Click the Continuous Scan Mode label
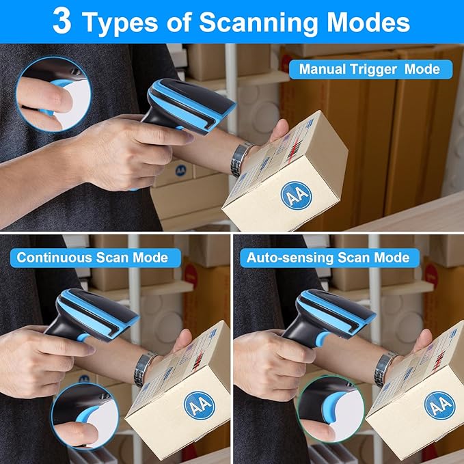click(x=92, y=258)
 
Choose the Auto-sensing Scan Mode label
click(x=328, y=258)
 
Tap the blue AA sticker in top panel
click(x=296, y=195)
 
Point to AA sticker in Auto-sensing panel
click(x=438, y=405)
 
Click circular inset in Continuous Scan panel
click(x=85, y=415)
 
